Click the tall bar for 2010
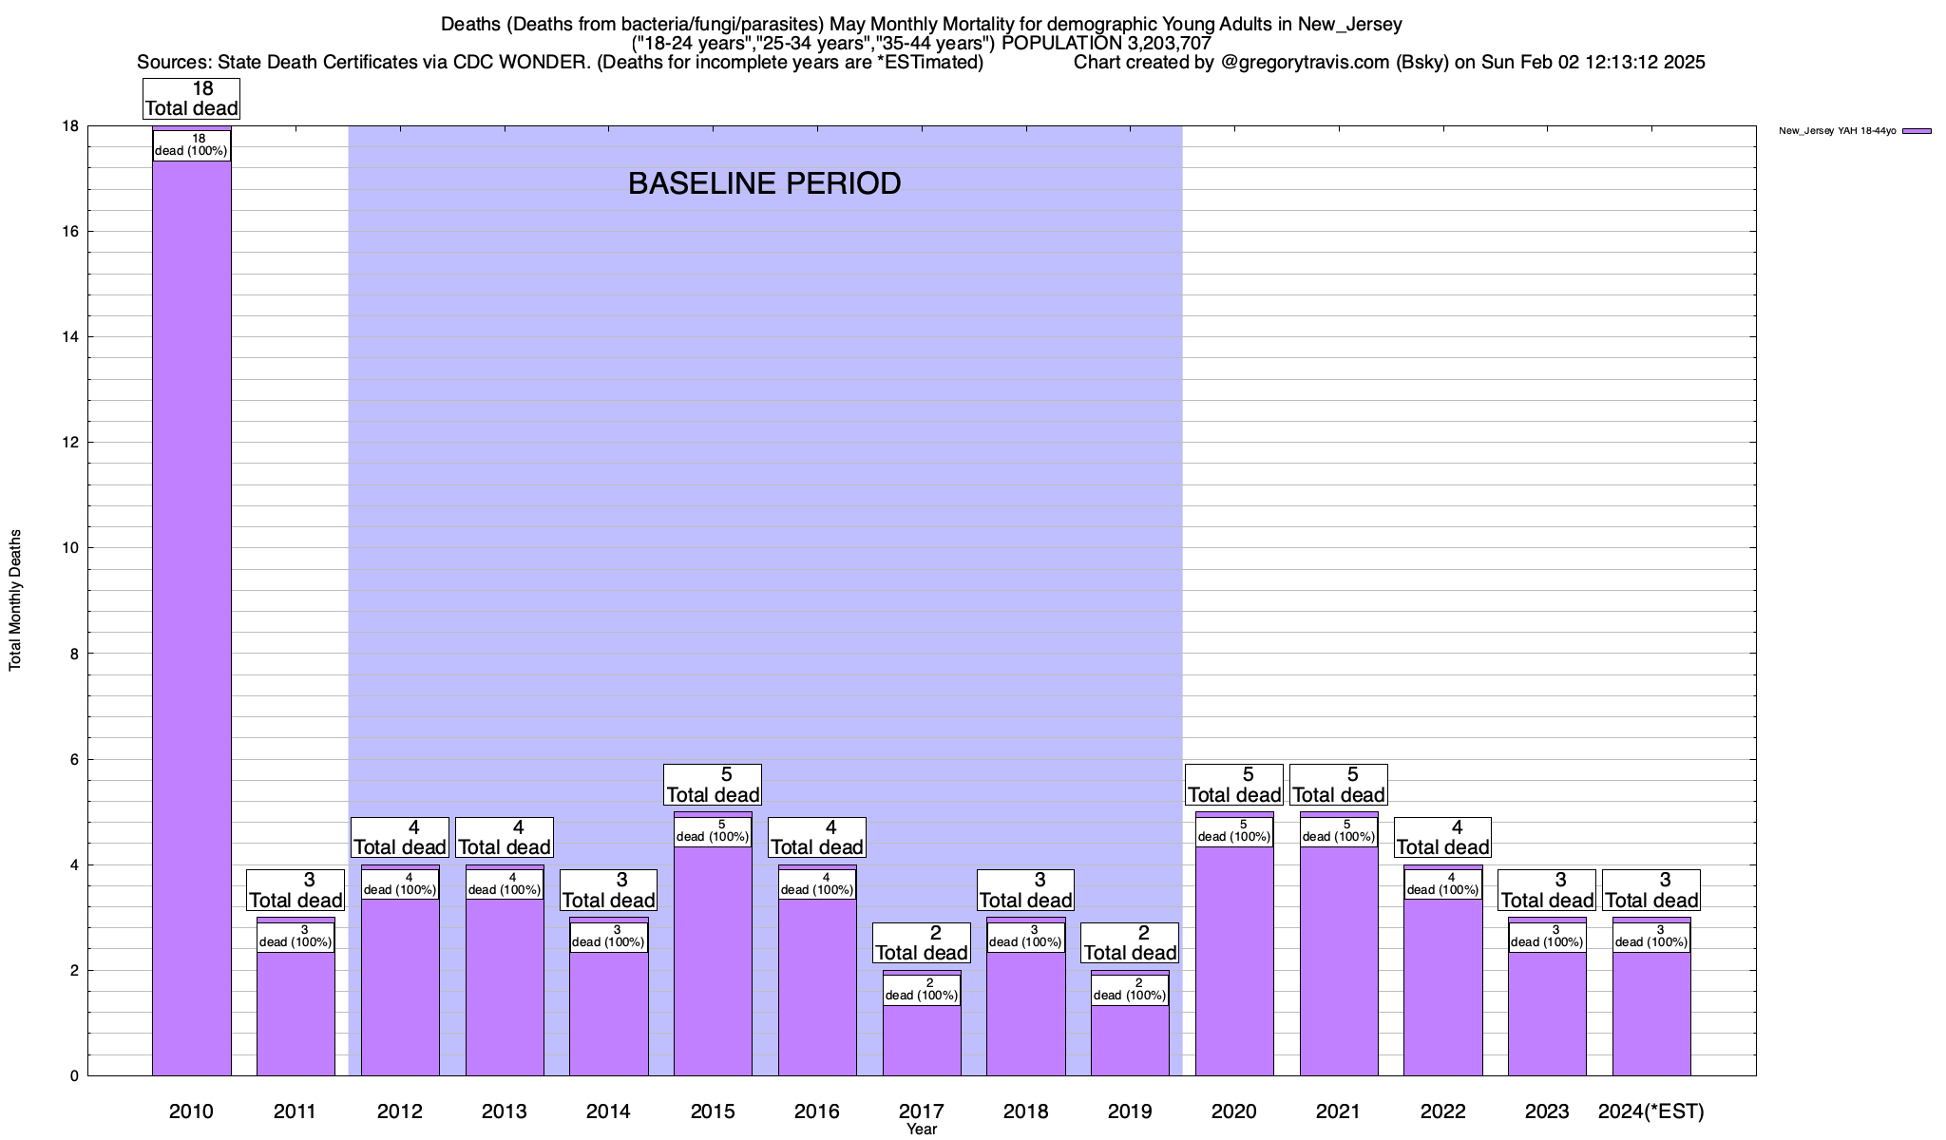tap(191, 617)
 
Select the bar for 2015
tap(713, 959)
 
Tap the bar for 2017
tap(922, 1040)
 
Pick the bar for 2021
tap(1339, 959)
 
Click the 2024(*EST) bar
tap(1651, 1012)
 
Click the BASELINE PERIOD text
tap(764, 183)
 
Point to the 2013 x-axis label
tap(504, 1111)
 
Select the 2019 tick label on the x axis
tap(1130, 1111)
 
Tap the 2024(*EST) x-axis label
tap(1651, 1111)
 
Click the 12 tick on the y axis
tap(72, 443)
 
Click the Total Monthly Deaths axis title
tap(15, 600)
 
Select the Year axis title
tap(922, 1130)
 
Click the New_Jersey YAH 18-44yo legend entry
tap(1854, 131)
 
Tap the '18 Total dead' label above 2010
tap(191, 99)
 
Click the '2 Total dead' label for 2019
tap(1130, 943)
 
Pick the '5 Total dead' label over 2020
tap(1234, 785)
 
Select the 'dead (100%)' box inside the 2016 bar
tap(817, 884)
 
